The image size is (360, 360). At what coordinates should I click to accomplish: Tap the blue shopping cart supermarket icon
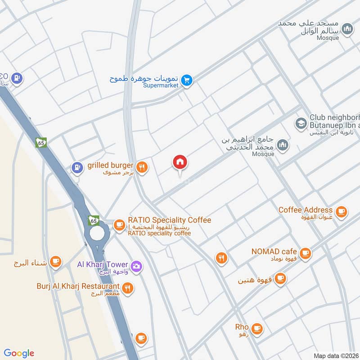pos(188,81)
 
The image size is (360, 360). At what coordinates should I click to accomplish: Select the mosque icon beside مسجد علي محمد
pos(347,30)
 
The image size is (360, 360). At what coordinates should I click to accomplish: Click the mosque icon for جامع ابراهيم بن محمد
pos(282,145)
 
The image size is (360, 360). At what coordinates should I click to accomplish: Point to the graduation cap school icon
pos(301,123)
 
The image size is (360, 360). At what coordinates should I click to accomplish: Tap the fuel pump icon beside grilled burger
pos(78,168)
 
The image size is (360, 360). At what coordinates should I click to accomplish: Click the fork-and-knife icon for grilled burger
pos(142,167)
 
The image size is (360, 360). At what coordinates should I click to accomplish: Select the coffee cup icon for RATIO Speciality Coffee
pos(119,225)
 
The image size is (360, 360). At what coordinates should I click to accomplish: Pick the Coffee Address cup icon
pos(342,211)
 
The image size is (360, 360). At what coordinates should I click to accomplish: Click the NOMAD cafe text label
pos(274,251)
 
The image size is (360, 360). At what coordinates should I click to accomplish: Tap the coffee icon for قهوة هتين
pos(280,279)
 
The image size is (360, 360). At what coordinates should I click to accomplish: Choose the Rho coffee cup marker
pos(257,328)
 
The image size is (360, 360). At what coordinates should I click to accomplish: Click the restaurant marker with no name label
pos(221,258)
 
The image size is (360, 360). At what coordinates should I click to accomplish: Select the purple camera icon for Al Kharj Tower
pos(136,267)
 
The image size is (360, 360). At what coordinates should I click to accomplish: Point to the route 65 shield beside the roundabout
pos(94,220)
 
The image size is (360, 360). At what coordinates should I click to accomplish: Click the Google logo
pos(19,353)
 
